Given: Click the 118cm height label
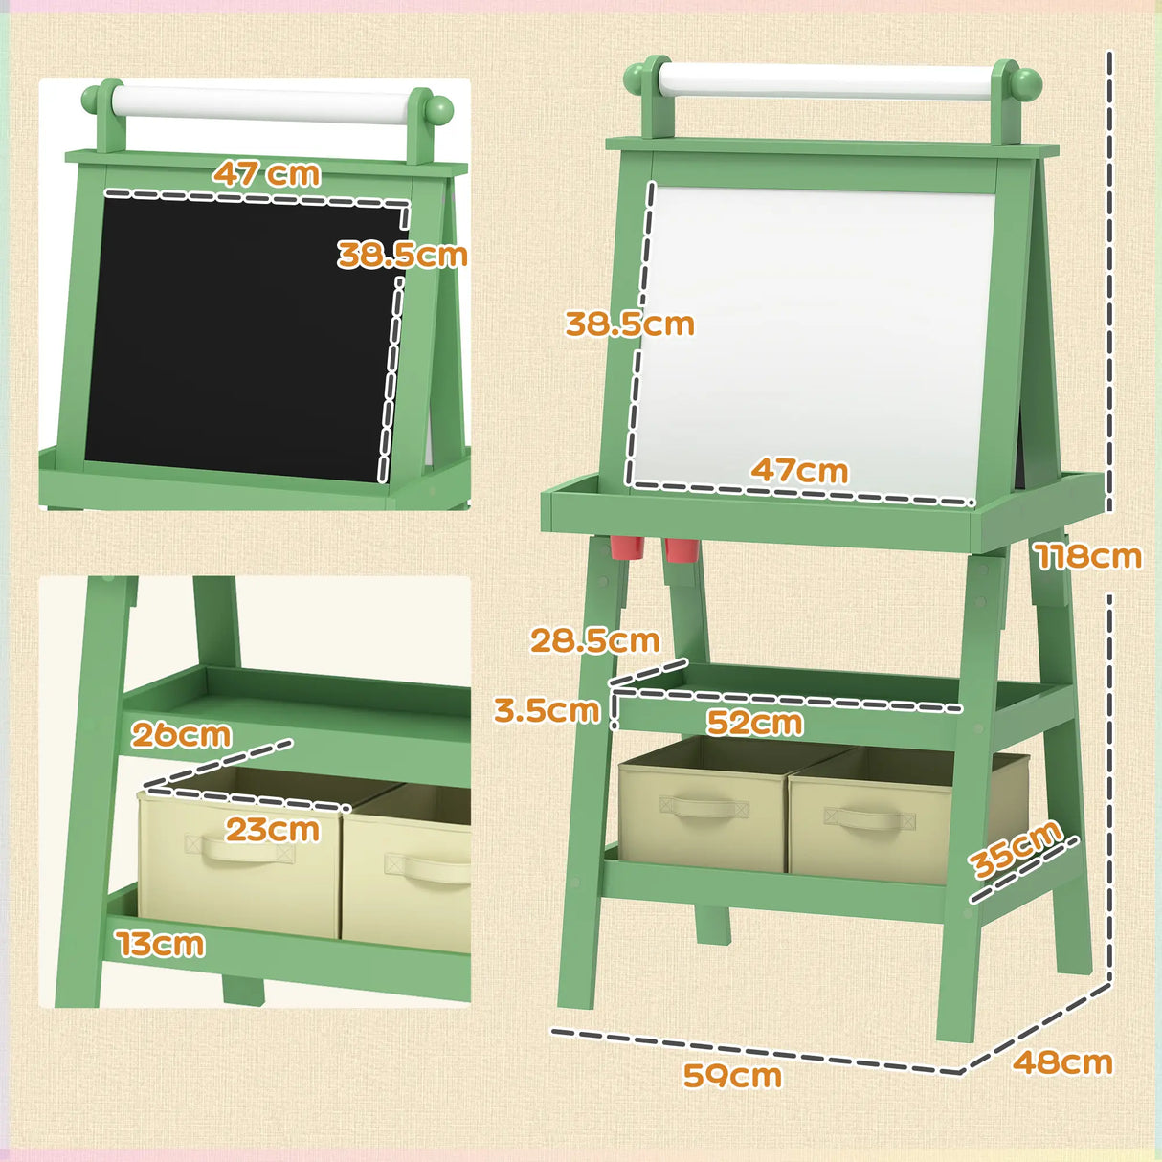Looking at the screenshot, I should tap(1088, 556).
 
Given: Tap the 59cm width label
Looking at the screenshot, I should tap(732, 1075).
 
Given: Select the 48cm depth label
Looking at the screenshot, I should tap(1062, 1061).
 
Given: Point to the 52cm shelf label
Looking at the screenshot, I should tap(754, 723).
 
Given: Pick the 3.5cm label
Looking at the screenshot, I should tap(547, 710).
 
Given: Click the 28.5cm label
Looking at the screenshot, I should tap(594, 640).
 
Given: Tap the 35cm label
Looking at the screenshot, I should tap(1015, 848).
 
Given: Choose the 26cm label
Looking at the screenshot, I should tap(181, 735).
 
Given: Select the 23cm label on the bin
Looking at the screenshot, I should tap(272, 829).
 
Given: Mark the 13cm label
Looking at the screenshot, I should tap(161, 945).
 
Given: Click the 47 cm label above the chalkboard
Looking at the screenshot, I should tap(266, 173).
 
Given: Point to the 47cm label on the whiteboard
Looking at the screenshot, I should tap(799, 471).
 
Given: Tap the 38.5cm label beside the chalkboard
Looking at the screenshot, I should tap(402, 255).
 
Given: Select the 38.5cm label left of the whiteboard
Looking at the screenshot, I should tap(629, 324).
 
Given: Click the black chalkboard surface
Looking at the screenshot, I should tap(239, 335).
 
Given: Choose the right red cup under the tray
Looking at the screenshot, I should tap(681, 549).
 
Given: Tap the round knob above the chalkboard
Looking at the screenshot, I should tap(439, 106).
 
